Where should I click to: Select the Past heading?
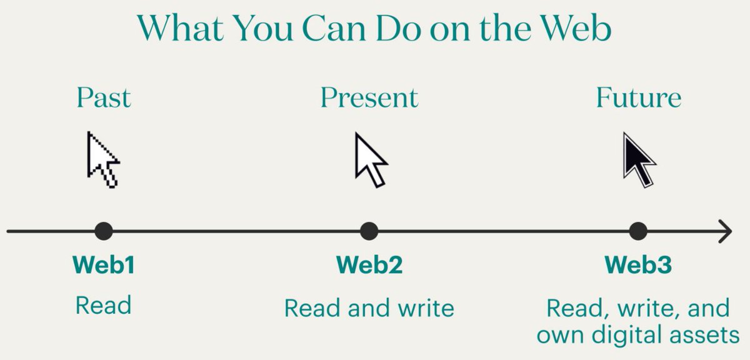tap(104, 97)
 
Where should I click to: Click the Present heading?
tap(369, 97)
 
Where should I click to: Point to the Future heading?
tap(638, 97)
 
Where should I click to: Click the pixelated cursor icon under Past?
tap(102, 159)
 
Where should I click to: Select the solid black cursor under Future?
tap(638, 159)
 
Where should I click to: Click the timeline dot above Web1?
tap(104, 231)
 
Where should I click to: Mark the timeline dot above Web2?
tap(369, 231)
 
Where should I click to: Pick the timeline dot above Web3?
tap(638, 231)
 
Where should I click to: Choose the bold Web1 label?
tap(104, 265)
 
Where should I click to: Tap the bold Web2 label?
tap(369, 265)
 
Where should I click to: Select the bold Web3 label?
tap(638, 265)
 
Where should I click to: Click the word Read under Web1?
tap(104, 306)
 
